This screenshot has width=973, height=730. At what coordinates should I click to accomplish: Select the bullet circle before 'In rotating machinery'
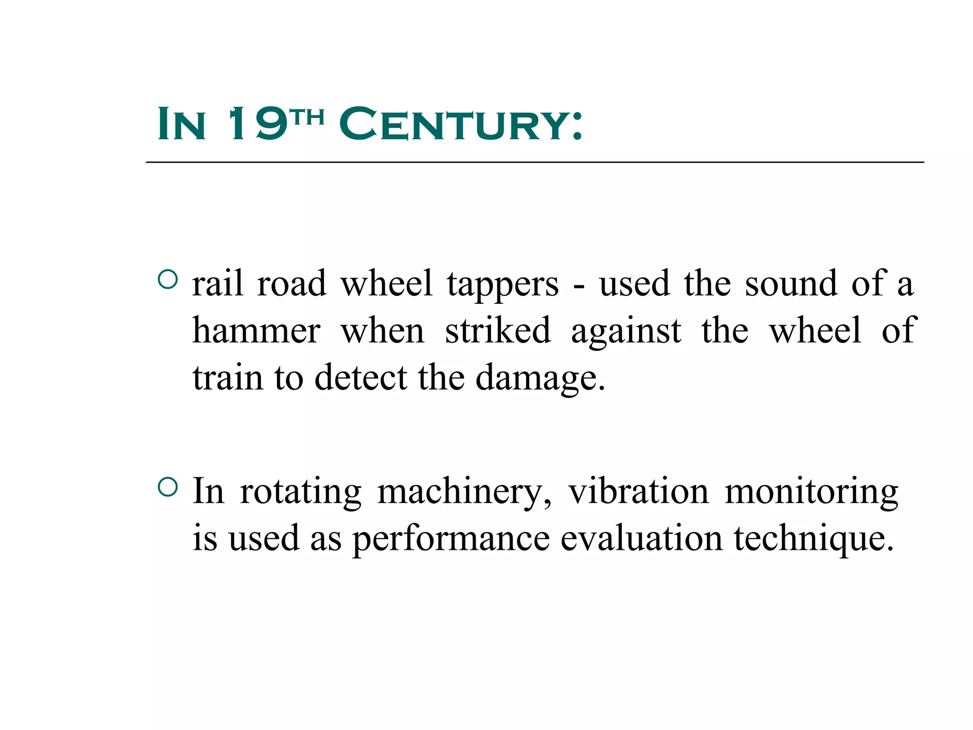(168, 487)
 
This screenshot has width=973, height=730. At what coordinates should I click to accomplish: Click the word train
(228, 377)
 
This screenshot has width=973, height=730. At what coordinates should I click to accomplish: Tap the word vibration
(639, 491)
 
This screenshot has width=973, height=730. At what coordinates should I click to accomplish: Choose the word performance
(451, 539)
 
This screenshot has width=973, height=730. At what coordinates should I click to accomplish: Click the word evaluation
(641, 538)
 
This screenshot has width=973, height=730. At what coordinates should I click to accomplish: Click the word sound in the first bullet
(791, 284)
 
